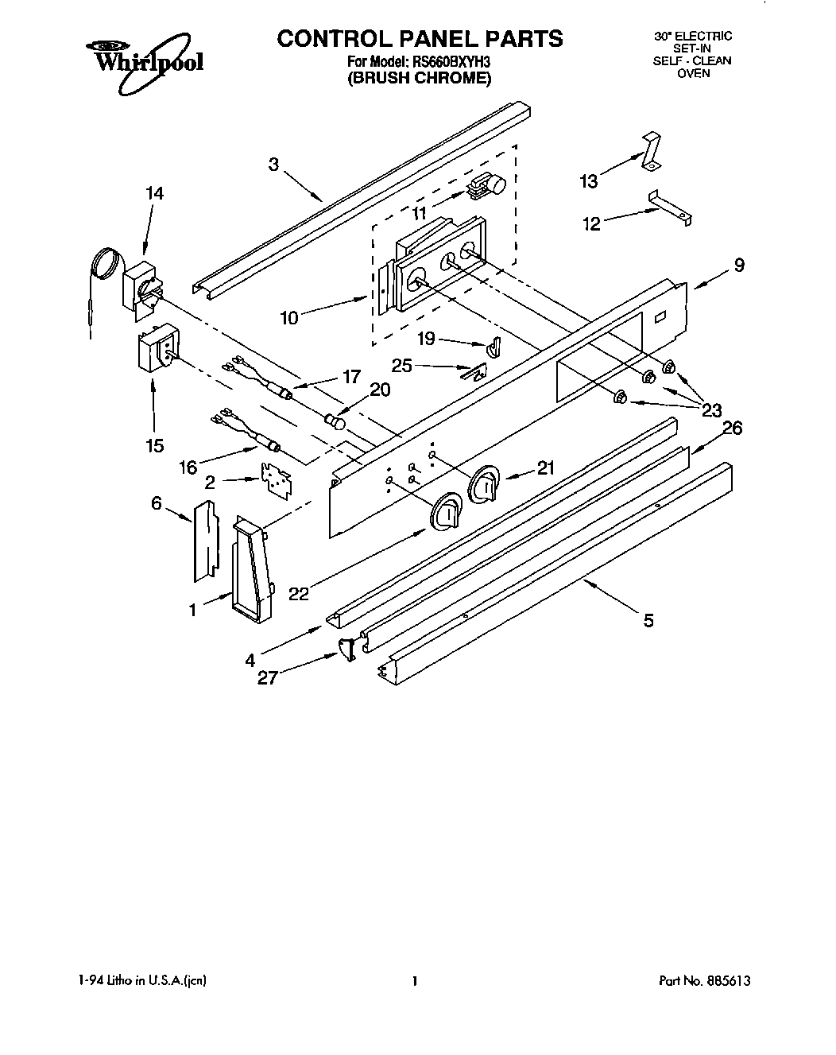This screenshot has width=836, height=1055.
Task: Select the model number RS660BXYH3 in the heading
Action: coord(449,61)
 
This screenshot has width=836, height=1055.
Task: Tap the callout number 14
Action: coord(154,192)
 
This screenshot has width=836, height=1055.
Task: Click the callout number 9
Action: coord(739,266)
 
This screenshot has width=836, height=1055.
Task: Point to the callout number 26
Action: coord(731,429)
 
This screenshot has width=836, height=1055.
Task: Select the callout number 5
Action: coord(648,621)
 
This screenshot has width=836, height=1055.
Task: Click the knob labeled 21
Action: coord(484,485)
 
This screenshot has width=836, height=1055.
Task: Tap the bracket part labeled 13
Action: coord(649,150)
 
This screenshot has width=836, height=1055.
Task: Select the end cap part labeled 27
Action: coord(346,650)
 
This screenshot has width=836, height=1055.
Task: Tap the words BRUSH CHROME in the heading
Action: coord(419,78)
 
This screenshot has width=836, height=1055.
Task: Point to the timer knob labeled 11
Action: coord(489,186)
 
